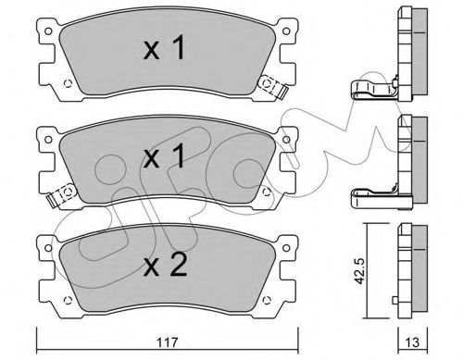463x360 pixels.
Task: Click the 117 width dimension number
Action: [x=168, y=342]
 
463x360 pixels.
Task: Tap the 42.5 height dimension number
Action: [x=359, y=270]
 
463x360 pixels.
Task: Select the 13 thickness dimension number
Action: [x=412, y=342]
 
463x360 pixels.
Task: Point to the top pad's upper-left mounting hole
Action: [x=48, y=31]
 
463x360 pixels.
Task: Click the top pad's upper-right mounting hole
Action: [x=286, y=31]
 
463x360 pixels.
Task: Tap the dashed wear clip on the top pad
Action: [x=272, y=86]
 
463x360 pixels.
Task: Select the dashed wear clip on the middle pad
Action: [x=63, y=195]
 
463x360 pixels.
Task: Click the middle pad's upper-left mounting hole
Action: [x=48, y=140]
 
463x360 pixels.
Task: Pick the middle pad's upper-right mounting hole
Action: [x=286, y=140]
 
